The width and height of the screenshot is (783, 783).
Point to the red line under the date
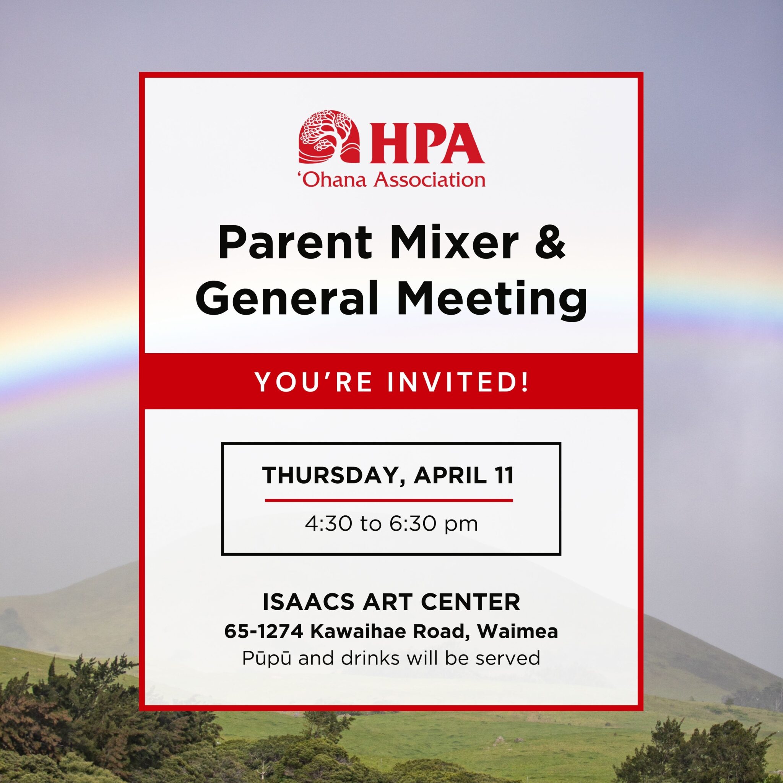point(389,500)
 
